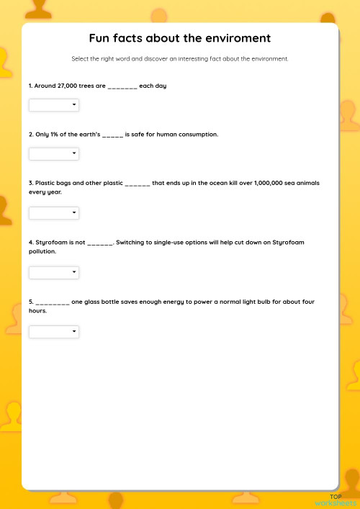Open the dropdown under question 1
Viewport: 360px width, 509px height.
tap(54, 105)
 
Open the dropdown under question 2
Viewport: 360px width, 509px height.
tap(54, 153)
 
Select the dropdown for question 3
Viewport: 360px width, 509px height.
tap(54, 213)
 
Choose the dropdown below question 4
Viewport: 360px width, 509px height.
tap(54, 272)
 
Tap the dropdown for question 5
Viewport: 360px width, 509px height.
tap(54, 331)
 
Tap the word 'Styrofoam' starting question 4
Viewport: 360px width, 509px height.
tap(50, 243)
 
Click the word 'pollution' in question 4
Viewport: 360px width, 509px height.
tap(42, 252)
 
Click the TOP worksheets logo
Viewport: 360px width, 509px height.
tap(335, 500)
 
